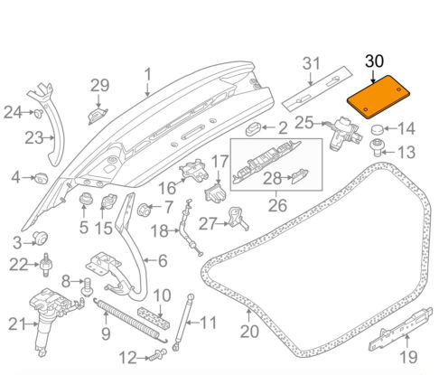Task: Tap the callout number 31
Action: tap(312, 63)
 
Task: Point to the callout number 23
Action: tap(33, 138)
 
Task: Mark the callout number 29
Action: tap(98, 86)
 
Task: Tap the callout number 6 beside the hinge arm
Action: tap(162, 261)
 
